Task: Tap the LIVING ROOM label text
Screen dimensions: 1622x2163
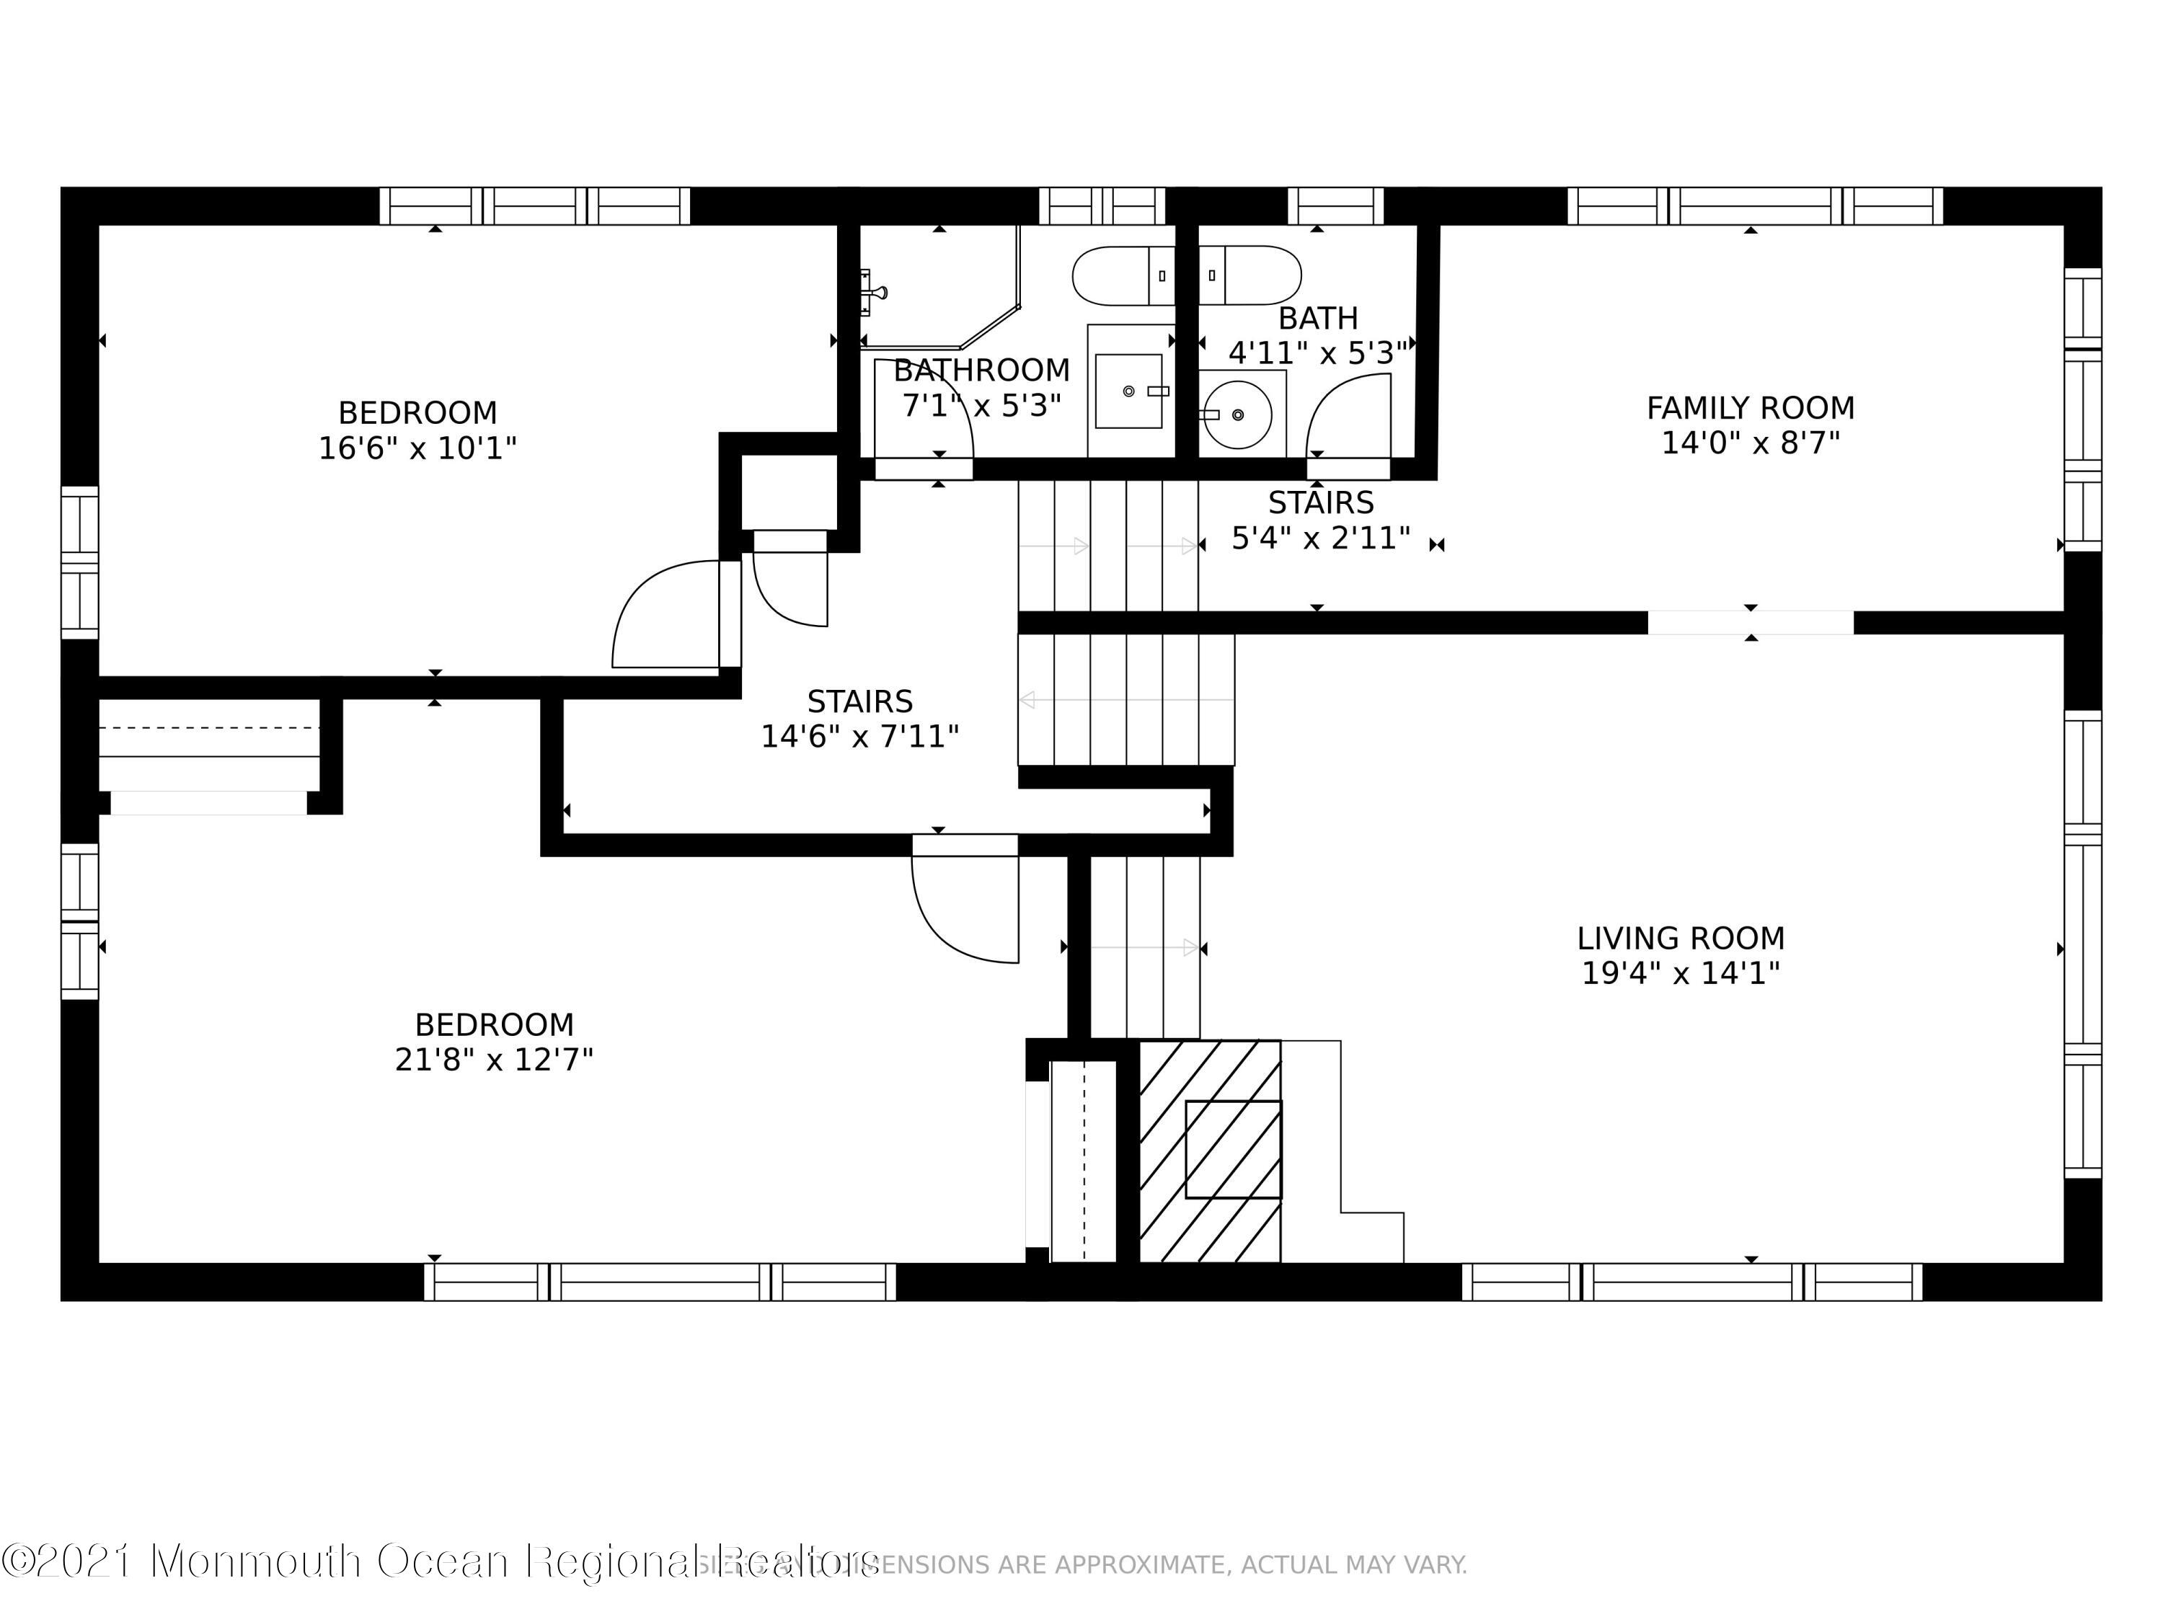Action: point(1680,939)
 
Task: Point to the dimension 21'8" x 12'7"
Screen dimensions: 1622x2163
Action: point(494,1060)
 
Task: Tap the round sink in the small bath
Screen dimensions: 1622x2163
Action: point(1238,415)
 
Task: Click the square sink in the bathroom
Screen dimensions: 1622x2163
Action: point(1128,391)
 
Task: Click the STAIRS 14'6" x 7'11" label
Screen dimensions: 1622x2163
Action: point(859,719)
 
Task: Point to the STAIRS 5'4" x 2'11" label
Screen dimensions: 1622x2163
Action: point(1320,520)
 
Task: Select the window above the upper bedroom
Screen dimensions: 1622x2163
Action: point(535,206)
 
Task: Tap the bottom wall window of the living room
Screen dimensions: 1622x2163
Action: point(1691,1282)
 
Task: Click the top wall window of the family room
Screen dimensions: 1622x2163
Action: point(1755,206)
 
